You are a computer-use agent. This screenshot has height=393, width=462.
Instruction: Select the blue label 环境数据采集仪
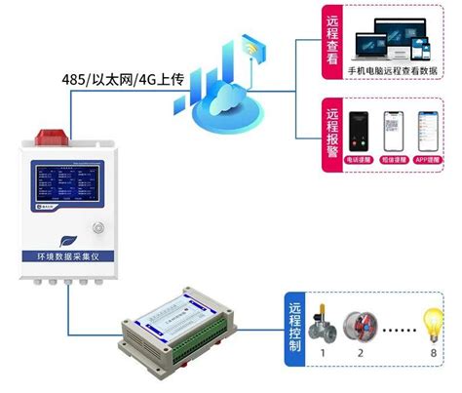tap(65, 260)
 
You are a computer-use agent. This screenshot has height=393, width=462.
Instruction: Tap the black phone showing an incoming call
tap(357, 133)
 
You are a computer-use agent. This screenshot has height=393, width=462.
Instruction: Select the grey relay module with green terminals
tap(176, 332)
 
